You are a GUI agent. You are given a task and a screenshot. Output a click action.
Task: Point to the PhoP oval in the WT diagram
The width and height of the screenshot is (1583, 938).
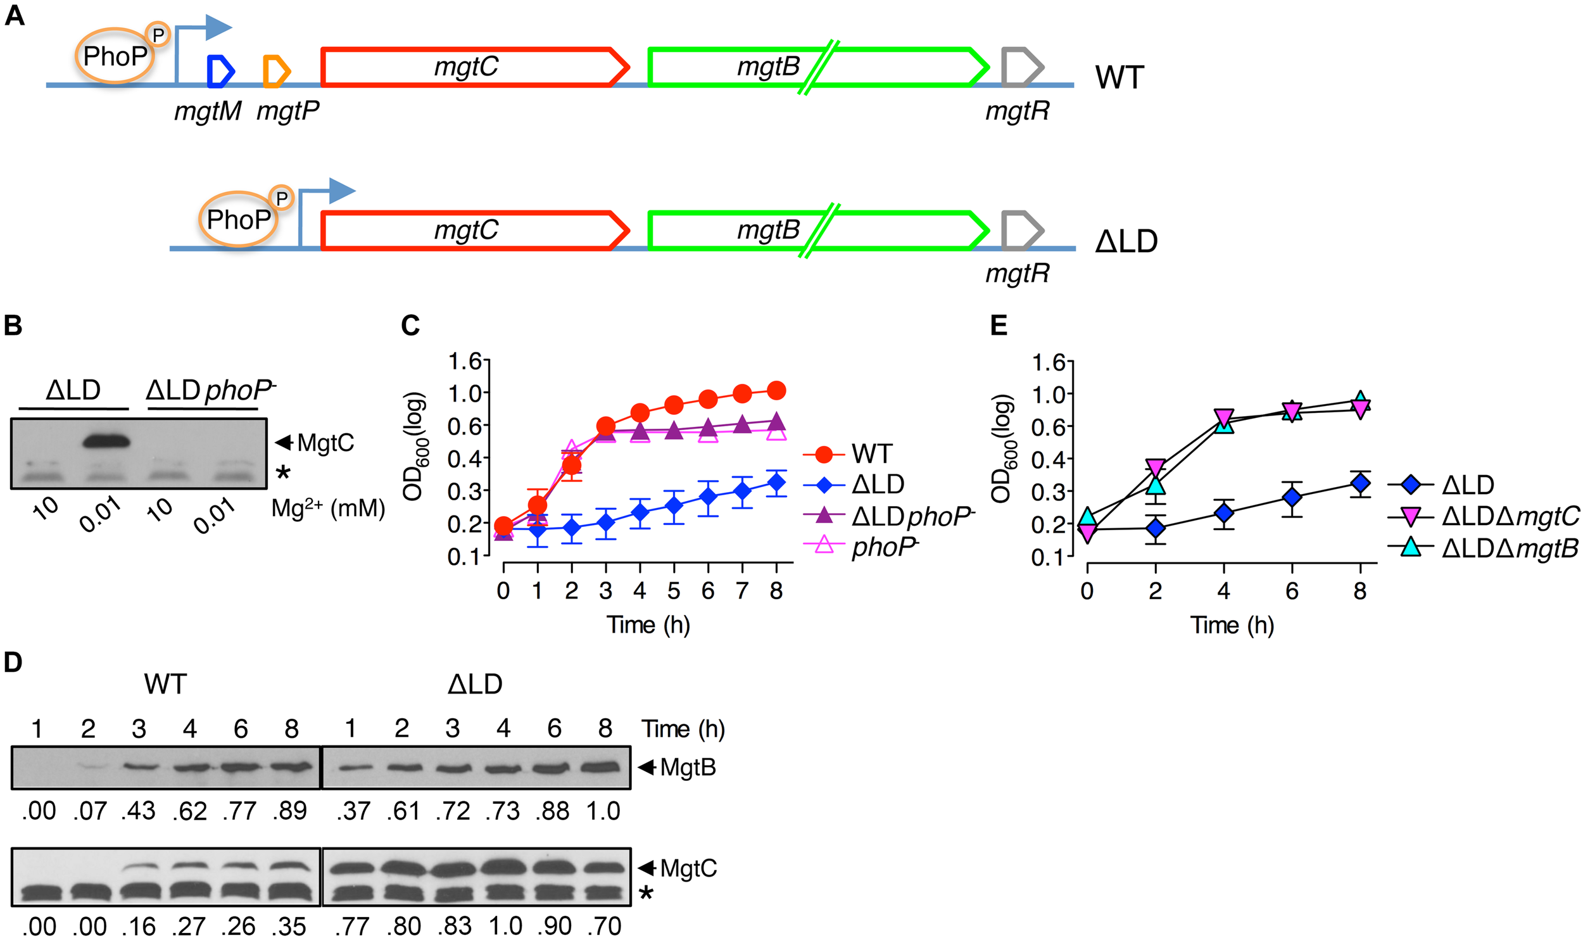115,56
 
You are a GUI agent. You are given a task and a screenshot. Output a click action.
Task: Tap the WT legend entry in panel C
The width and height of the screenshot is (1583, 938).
871,454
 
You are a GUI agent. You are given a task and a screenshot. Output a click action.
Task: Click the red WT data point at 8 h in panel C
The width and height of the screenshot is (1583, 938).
776,390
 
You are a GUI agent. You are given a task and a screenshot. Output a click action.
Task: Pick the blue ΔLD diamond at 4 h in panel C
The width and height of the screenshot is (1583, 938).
640,512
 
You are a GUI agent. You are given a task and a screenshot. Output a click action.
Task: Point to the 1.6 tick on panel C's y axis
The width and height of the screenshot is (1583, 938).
465,361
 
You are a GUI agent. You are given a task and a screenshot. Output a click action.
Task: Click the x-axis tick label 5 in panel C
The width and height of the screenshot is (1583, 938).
673,591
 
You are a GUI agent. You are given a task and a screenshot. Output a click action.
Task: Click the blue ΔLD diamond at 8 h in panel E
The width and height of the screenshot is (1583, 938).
1359,484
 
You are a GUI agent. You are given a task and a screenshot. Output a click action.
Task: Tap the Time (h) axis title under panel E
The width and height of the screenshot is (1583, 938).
1232,624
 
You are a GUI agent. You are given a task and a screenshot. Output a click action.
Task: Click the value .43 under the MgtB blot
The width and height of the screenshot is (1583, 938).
138,811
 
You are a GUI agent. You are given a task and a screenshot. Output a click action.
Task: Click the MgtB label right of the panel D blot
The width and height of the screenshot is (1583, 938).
688,768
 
